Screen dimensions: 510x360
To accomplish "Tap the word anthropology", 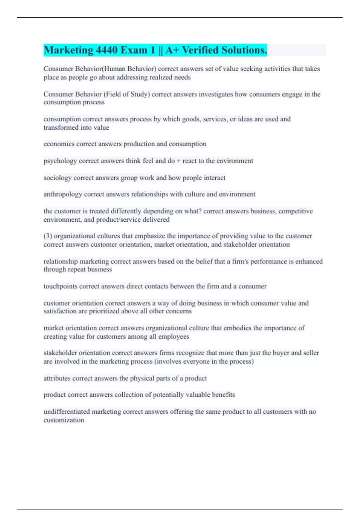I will coord(63,194).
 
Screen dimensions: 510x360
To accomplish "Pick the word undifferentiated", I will coord(67,412).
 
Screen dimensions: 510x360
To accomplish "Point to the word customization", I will coord(64,420).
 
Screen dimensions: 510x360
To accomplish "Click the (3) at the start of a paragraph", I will coord(48,236).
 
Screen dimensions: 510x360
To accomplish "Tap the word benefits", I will coord(223,395).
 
